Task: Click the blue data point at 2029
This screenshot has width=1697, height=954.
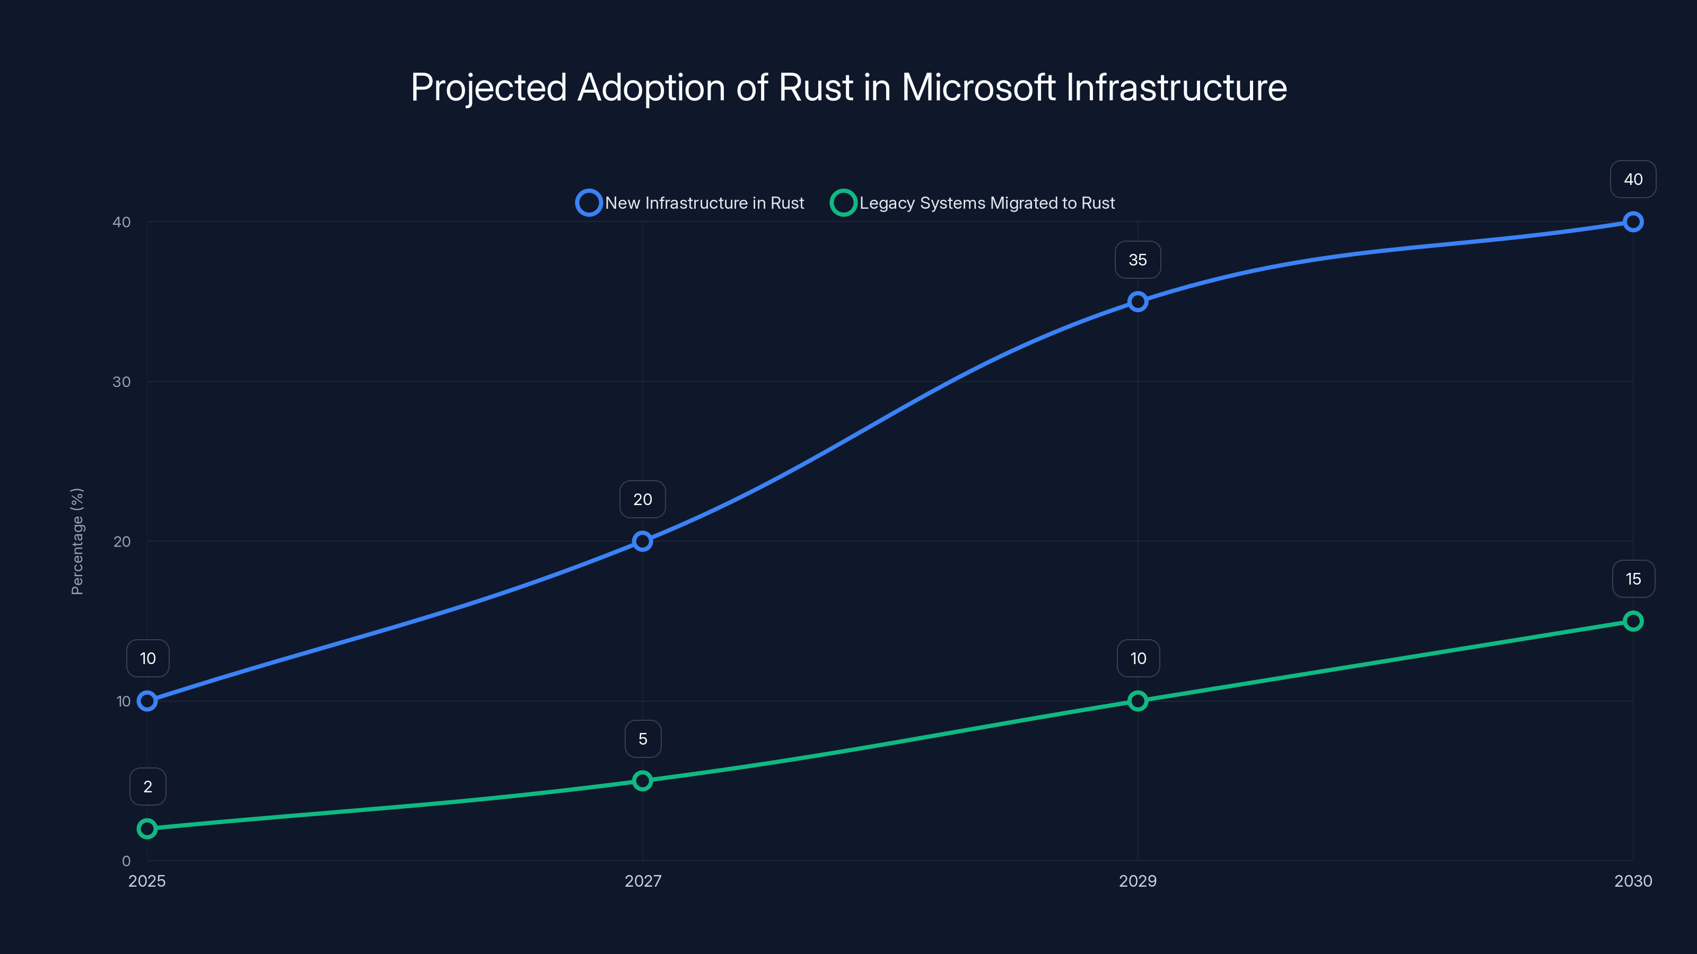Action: (x=1138, y=302)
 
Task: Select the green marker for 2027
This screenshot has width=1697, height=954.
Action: (x=642, y=781)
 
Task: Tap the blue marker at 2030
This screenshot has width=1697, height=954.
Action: (x=1633, y=222)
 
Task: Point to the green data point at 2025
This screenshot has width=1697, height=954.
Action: (x=147, y=828)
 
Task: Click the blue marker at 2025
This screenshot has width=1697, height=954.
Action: (x=147, y=701)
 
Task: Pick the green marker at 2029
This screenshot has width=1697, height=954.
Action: (x=1138, y=701)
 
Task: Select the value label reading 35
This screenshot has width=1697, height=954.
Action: (x=1138, y=260)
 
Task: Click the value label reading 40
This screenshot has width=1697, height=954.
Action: (x=1633, y=179)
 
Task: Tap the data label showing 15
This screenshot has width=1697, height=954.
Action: (x=1633, y=579)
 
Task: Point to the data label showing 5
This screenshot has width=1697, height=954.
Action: (x=642, y=739)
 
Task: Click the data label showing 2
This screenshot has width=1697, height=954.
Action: (x=147, y=787)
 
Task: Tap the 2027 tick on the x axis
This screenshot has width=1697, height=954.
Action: (x=642, y=881)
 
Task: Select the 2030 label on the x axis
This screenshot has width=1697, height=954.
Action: (x=1633, y=881)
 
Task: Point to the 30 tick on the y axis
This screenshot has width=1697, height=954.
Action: (x=121, y=382)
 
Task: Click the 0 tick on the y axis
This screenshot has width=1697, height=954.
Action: (x=126, y=861)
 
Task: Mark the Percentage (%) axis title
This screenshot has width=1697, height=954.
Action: (x=77, y=541)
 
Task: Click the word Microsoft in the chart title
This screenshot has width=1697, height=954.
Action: (x=978, y=87)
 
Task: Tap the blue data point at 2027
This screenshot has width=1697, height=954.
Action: (x=642, y=541)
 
